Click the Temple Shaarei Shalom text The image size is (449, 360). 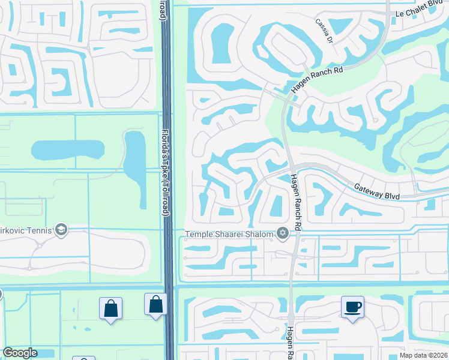coord(229,233)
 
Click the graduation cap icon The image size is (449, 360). coord(61,229)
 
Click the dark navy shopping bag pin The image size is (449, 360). coord(155,304)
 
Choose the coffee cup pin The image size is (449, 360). coord(353,307)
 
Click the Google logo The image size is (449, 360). coord(20,353)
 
